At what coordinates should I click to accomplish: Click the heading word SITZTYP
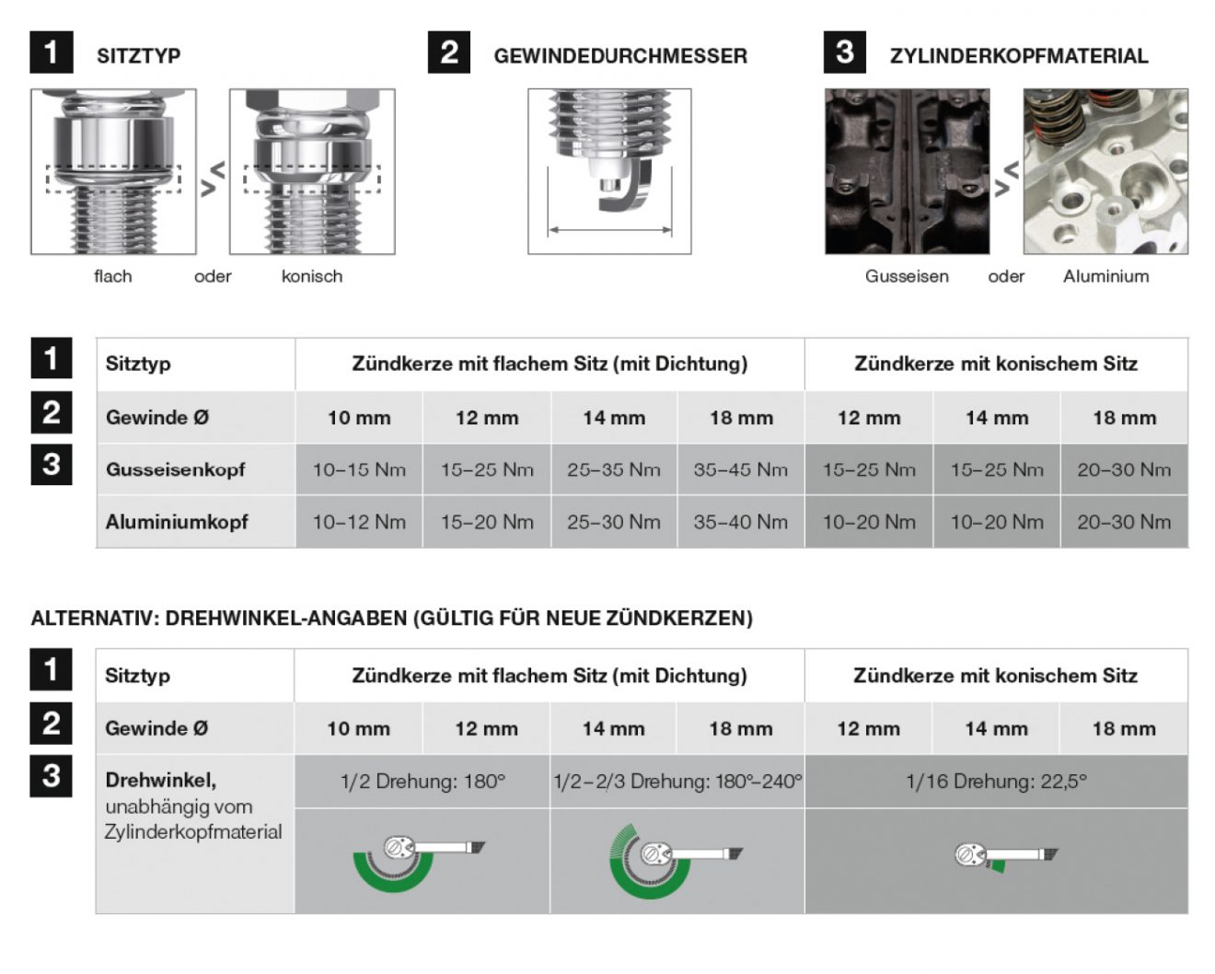click(x=138, y=56)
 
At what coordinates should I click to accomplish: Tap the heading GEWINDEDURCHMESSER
click(x=619, y=56)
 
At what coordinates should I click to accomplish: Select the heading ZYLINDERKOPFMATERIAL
click(x=1019, y=56)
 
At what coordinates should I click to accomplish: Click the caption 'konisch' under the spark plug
click(x=312, y=276)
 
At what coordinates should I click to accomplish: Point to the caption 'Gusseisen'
click(x=906, y=276)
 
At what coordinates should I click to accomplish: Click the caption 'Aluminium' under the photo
click(x=1105, y=276)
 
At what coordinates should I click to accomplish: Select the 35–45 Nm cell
click(x=740, y=470)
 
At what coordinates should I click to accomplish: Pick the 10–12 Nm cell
click(x=359, y=522)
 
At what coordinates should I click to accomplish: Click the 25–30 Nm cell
click(x=614, y=522)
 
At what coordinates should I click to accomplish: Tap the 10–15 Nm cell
click(x=359, y=470)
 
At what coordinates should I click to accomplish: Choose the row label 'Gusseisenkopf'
click(x=175, y=470)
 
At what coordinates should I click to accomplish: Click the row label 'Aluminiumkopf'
click(x=176, y=522)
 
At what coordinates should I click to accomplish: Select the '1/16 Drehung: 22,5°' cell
click(x=996, y=782)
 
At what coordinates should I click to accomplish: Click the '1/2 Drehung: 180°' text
click(x=422, y=782)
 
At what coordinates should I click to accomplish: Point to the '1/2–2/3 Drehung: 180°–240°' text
click(x=677, y=782)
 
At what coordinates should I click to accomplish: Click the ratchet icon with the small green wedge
click(x=1006, y=856)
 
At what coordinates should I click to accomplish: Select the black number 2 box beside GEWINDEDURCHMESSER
click(x=449, y=52)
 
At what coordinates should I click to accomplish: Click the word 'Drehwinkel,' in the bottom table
click(x=161, y=780)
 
